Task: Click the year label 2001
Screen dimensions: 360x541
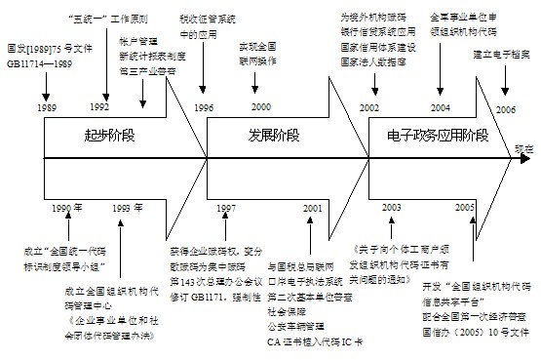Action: (312, 209)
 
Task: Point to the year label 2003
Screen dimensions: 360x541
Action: (391, 209)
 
